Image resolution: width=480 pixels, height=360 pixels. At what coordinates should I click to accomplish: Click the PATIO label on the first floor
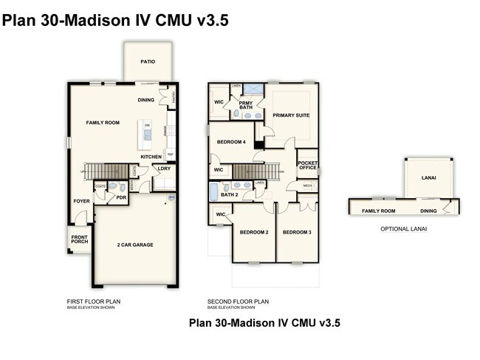tap(148, 63)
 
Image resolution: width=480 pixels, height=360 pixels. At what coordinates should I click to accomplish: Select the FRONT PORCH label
tap(79, 240)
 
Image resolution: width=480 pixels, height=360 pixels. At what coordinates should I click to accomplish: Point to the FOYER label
tap(80, 201)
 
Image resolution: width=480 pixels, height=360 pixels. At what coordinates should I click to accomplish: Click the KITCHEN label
tap(151, 157)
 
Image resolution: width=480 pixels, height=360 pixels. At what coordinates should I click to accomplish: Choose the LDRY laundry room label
tap(164, 169)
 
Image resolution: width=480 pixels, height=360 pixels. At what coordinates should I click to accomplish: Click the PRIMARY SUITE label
tap(291, 115)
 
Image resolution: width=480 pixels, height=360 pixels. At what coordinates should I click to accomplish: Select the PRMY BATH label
tap(236, 106)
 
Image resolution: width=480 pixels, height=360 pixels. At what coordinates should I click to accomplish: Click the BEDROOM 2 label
tap(253, 232)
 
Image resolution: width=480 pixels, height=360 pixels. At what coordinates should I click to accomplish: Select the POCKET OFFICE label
tap(307, 165)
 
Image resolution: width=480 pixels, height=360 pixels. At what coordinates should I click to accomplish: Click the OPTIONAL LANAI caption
tap(403, 229)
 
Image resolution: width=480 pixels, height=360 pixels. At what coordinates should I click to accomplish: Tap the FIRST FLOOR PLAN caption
tap(94, 302)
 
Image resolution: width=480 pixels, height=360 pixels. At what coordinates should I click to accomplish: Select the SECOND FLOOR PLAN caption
tap(239, 302)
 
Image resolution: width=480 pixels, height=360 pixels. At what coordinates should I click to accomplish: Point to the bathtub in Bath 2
tap(213, 194)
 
